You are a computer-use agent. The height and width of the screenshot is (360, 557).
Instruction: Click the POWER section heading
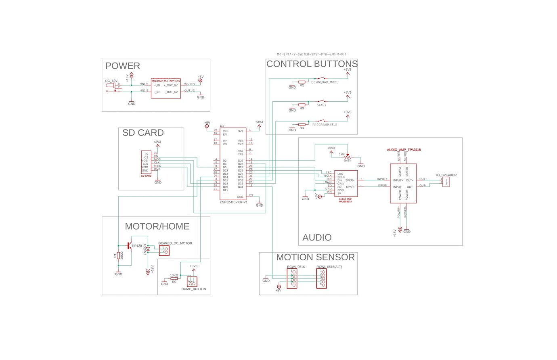point(122,66)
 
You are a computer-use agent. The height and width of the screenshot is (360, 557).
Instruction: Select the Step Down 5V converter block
point(165,88)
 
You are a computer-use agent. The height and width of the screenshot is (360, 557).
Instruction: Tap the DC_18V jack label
point(111,81)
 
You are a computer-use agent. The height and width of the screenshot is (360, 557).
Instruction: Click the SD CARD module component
point(146,162)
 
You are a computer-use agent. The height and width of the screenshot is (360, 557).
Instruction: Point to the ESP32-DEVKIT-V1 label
point(233,202)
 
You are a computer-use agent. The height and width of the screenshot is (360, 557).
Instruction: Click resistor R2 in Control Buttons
point(302,82)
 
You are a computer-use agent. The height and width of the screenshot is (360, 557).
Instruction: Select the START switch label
point(321,105)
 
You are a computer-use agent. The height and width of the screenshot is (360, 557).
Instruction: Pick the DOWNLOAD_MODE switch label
point(325,82)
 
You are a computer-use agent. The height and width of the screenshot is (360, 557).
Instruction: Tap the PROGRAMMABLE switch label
point(325,125)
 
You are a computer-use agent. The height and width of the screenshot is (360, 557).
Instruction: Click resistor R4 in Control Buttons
point(302,124)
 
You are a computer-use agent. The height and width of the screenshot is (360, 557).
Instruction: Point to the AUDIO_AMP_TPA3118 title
point(404,150)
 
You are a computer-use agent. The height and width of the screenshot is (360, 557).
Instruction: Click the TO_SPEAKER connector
point(446,182)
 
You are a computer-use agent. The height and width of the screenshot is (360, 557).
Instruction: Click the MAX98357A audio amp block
point(346,184)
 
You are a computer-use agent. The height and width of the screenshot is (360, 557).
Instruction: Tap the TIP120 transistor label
point(136,245)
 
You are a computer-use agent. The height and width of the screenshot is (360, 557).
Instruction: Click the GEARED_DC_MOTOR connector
point(164,250)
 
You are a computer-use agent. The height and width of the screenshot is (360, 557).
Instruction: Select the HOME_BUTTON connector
point(192,282)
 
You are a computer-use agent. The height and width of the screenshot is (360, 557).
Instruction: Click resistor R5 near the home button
point(174,278)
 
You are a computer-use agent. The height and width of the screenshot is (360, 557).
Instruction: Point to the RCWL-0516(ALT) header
point(321,278)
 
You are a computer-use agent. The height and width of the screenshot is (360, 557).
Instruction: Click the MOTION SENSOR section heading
point(315,257)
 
